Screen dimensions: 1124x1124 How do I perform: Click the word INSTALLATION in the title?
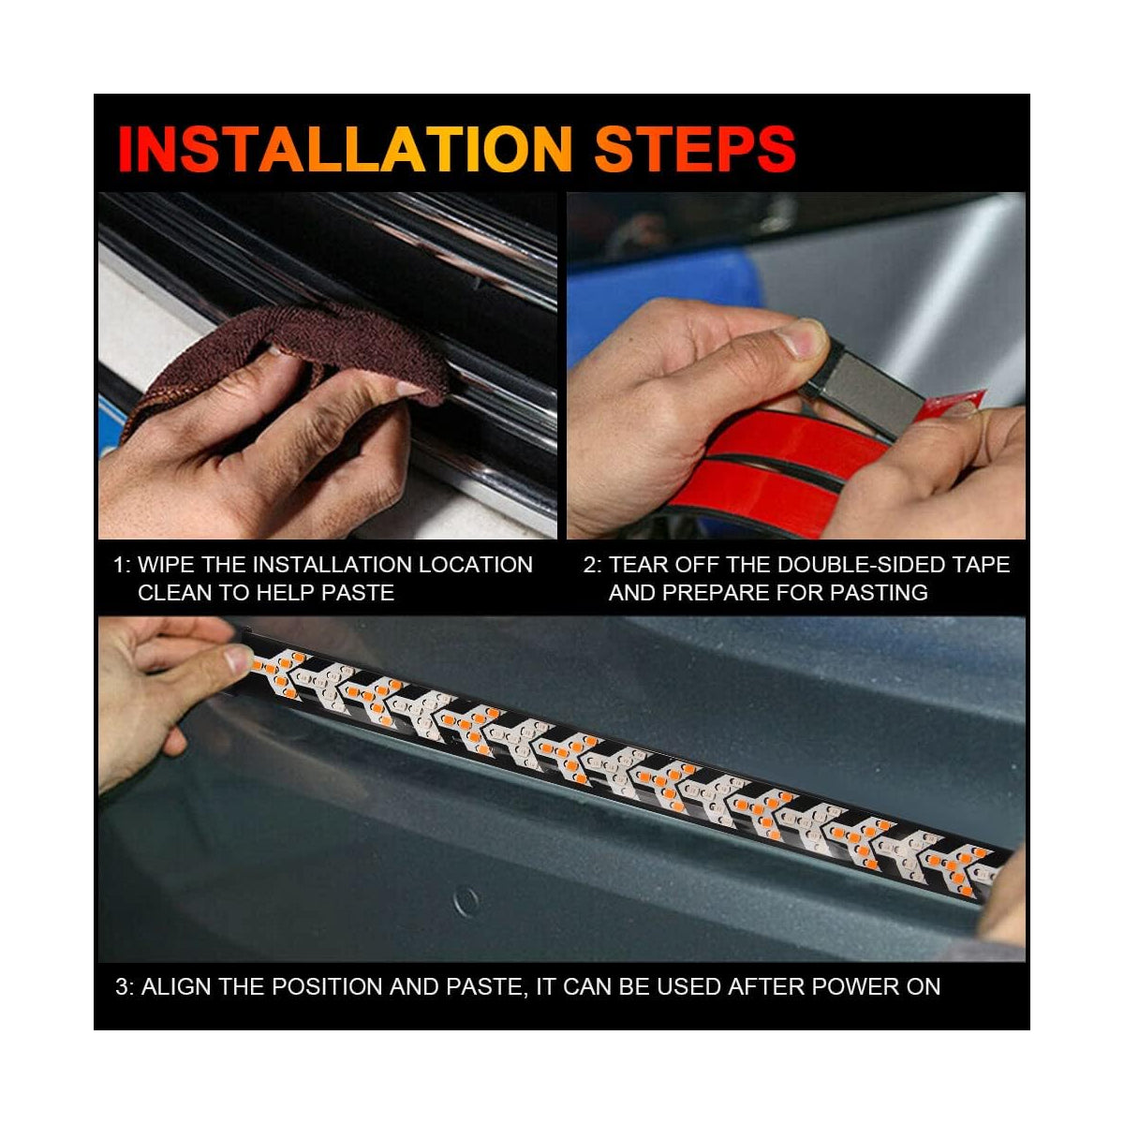tap(345, 148)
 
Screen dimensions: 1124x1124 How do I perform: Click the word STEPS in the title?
tap(695, 148)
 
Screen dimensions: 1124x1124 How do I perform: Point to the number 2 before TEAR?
tap(590, 565)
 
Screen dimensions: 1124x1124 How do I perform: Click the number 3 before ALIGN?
tap(122, 986)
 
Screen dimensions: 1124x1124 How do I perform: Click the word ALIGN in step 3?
tap(172, 986)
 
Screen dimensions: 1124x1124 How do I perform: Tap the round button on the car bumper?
tap(466, 902)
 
